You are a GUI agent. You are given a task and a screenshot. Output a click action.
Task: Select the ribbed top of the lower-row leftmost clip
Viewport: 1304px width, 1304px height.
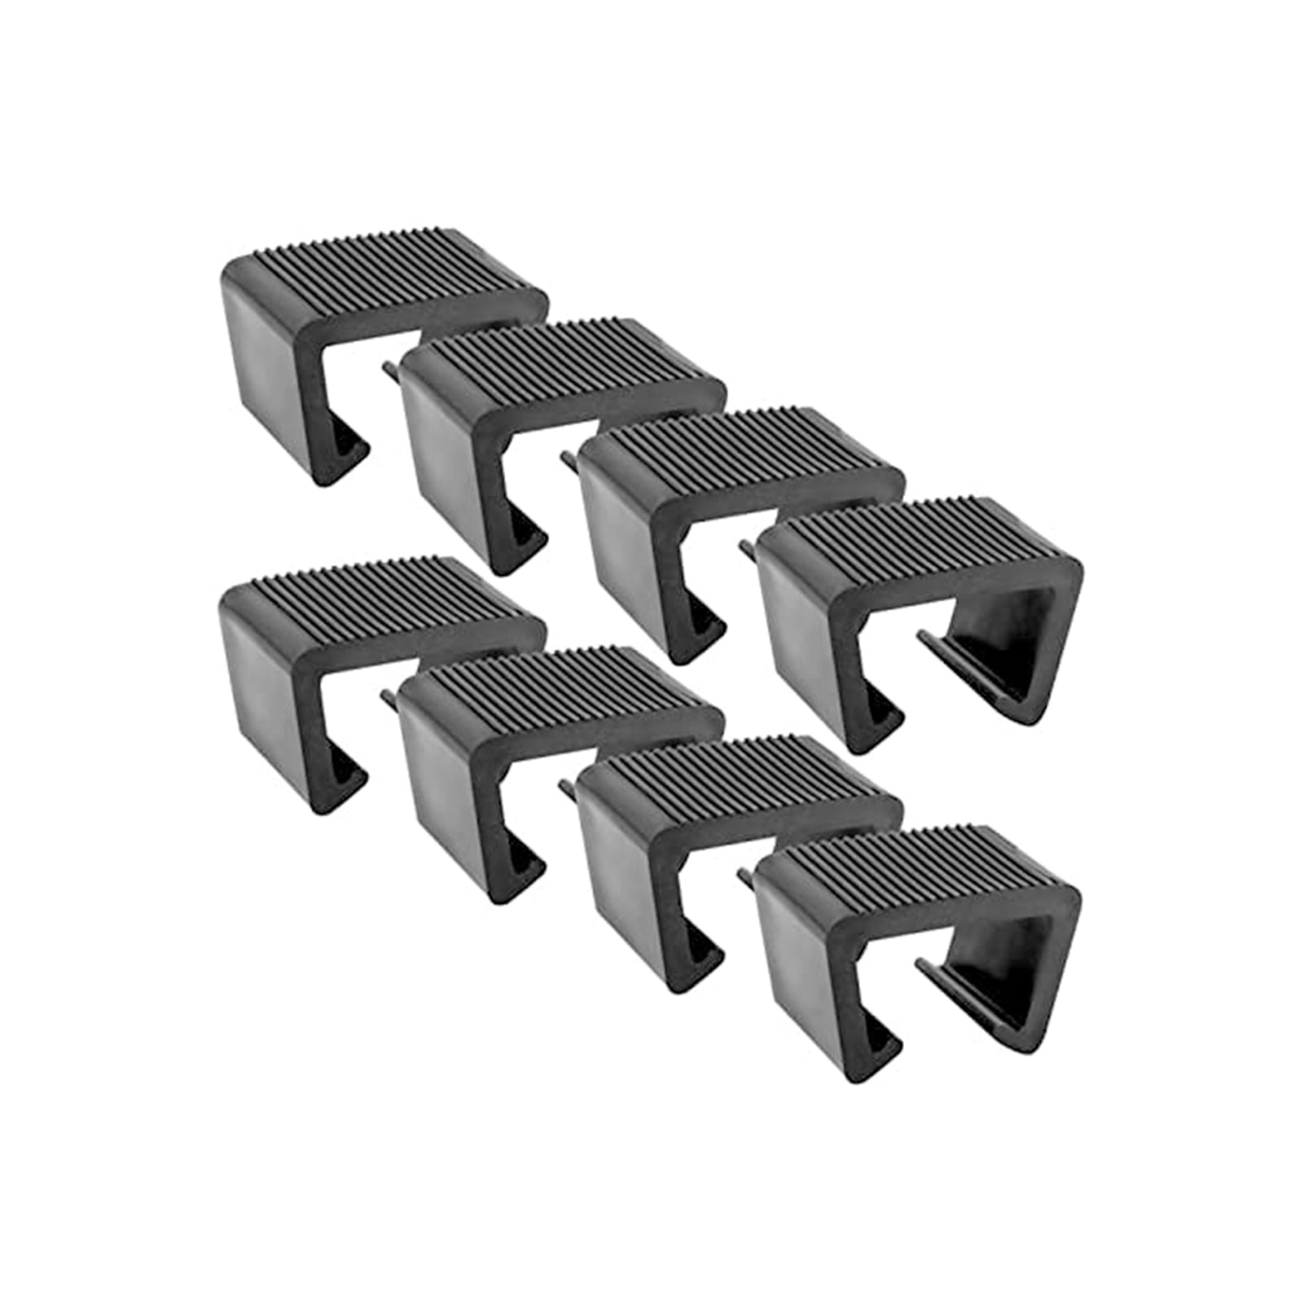pos(383,586)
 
